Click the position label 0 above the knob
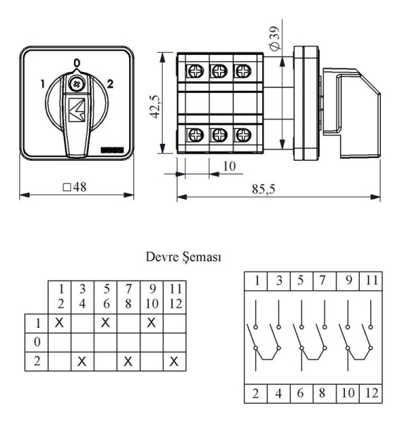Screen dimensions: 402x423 [x=77, y=63]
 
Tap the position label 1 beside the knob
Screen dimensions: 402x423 [x=42, y=84]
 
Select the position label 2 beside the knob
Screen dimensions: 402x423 [x=110, y=84]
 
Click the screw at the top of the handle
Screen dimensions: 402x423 [x=77, y=84]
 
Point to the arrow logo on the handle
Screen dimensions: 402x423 [x=77, y=110]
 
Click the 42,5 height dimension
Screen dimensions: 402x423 [x=156, y=106]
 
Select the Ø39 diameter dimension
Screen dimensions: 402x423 [x=275, y=38]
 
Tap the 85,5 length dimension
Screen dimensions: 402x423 [x=264, y=189]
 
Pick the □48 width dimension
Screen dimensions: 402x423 [x=75, y=187]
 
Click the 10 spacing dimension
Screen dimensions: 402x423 [x=229, y=166]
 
